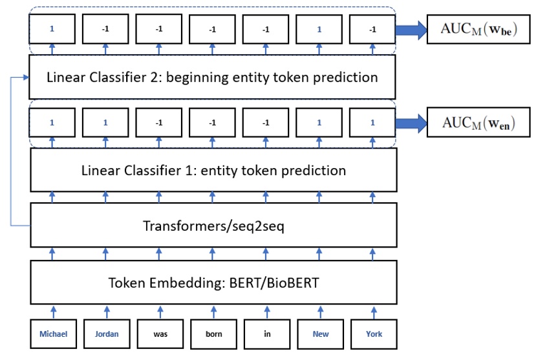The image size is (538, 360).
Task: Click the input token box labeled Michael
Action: (x=53, y=335)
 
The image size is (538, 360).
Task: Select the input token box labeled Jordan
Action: (x=106, y=335)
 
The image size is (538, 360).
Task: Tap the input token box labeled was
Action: (x=160, y=335)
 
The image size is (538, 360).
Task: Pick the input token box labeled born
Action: (x=213, y=335)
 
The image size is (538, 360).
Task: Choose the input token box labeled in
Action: (x=266, y=335)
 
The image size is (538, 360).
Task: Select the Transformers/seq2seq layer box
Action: (x=213, y=228)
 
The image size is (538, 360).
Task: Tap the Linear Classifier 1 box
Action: (x=213, y=171)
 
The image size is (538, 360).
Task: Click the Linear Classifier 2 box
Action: (x=213, y=78)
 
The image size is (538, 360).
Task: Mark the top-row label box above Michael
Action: (x=53, y=30)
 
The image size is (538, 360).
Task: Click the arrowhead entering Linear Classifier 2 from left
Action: (x=27, y=78)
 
